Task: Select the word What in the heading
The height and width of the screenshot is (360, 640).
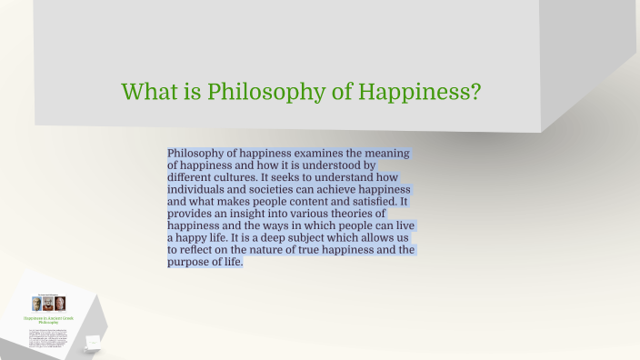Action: point(151,92)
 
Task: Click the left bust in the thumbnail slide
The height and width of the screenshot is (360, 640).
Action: point(37,304)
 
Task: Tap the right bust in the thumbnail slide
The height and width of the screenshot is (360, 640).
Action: point(61,304)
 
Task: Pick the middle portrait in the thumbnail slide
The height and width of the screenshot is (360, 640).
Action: point(48,304)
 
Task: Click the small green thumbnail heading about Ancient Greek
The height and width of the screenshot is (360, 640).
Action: point(48,320)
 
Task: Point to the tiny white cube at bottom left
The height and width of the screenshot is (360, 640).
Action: point(92,341)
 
